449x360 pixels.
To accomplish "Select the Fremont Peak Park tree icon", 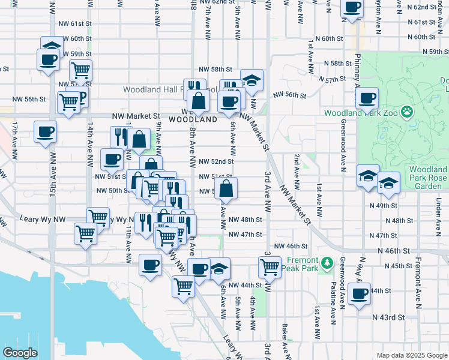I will click(327, 263).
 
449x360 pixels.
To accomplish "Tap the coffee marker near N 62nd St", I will click(352, 8).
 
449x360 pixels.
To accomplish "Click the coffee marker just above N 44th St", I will click(360, 294).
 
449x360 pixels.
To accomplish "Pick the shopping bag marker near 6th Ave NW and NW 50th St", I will click(226, 188).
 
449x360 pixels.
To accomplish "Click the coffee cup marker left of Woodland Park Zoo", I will click(367, 98).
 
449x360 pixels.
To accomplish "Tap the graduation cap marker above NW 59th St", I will click(52, 46).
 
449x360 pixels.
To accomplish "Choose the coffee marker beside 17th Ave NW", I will click(45, 131).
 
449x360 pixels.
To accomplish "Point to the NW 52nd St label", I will click(216, 162).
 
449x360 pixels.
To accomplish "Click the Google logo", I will click(20, 353).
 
